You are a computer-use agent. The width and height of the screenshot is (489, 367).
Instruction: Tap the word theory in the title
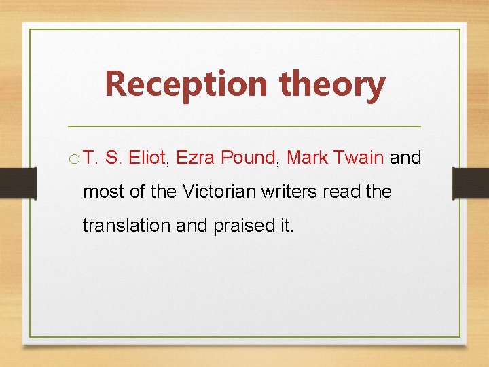pos(332,84)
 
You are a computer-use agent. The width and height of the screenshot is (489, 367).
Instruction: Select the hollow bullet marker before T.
pos(74,159)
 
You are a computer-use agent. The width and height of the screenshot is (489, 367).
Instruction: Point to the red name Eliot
pos(146,158)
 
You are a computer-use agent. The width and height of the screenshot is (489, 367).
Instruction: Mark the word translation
pos(126,225)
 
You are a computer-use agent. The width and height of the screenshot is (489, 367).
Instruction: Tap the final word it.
pos(286,225)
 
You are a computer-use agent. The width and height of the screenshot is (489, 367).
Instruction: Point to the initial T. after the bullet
pos(91,158)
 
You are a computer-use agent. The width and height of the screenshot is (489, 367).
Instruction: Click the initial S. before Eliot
pos(113,158)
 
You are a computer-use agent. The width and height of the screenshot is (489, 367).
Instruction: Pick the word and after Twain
pos(405,158)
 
